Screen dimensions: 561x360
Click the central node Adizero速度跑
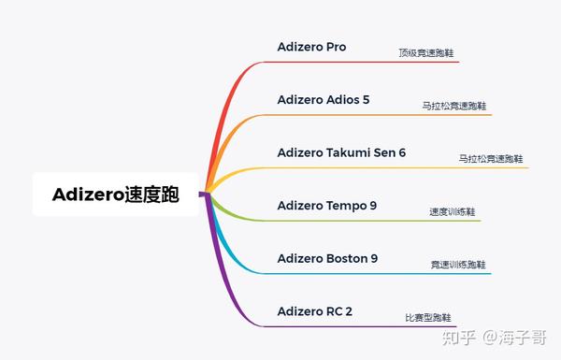point(116,194)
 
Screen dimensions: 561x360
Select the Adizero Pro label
point(311,47)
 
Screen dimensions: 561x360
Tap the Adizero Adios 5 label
point(324,99)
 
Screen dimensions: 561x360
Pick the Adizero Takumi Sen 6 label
point(341,152)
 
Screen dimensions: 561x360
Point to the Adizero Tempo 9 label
point(327,206)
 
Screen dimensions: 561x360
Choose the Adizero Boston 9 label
point(328,258)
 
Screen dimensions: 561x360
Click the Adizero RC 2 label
point(315,311)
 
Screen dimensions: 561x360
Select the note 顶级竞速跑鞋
point(426,53)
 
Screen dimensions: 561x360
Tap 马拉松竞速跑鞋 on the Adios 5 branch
point(454,106)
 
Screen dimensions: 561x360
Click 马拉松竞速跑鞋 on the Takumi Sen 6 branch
point(491,159)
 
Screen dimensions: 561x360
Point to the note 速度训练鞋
point(453,212)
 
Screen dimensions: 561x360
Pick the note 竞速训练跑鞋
point(458,265)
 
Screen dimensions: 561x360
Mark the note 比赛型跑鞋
point(428,318)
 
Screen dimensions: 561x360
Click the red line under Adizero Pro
point(361,62)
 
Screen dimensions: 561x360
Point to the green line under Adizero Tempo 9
point(372,221)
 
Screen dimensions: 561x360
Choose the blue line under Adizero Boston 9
point(377,274)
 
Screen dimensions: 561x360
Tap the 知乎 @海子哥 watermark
point(495,338)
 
